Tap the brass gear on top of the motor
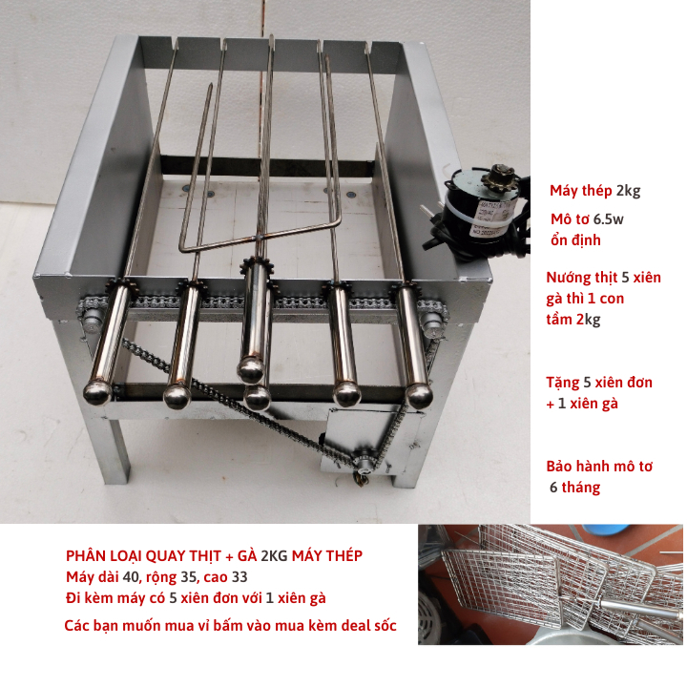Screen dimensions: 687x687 click(x=499, y=178)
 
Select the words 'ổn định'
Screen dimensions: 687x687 click(x=575, y=240)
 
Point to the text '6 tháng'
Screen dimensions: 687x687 click(x=574, y=487)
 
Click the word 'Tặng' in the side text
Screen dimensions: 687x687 click(x=563, y=383)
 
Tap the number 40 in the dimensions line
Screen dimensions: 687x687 click(x=131, y=576)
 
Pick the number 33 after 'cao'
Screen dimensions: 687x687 click(x=239, y=576)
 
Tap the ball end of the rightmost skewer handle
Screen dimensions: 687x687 click(x=419, y=395)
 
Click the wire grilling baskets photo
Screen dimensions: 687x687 click(x=551, y=584)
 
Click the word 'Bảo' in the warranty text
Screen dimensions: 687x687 click(x=561, y=466)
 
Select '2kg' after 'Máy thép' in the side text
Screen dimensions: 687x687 click(x=628, y=191)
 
